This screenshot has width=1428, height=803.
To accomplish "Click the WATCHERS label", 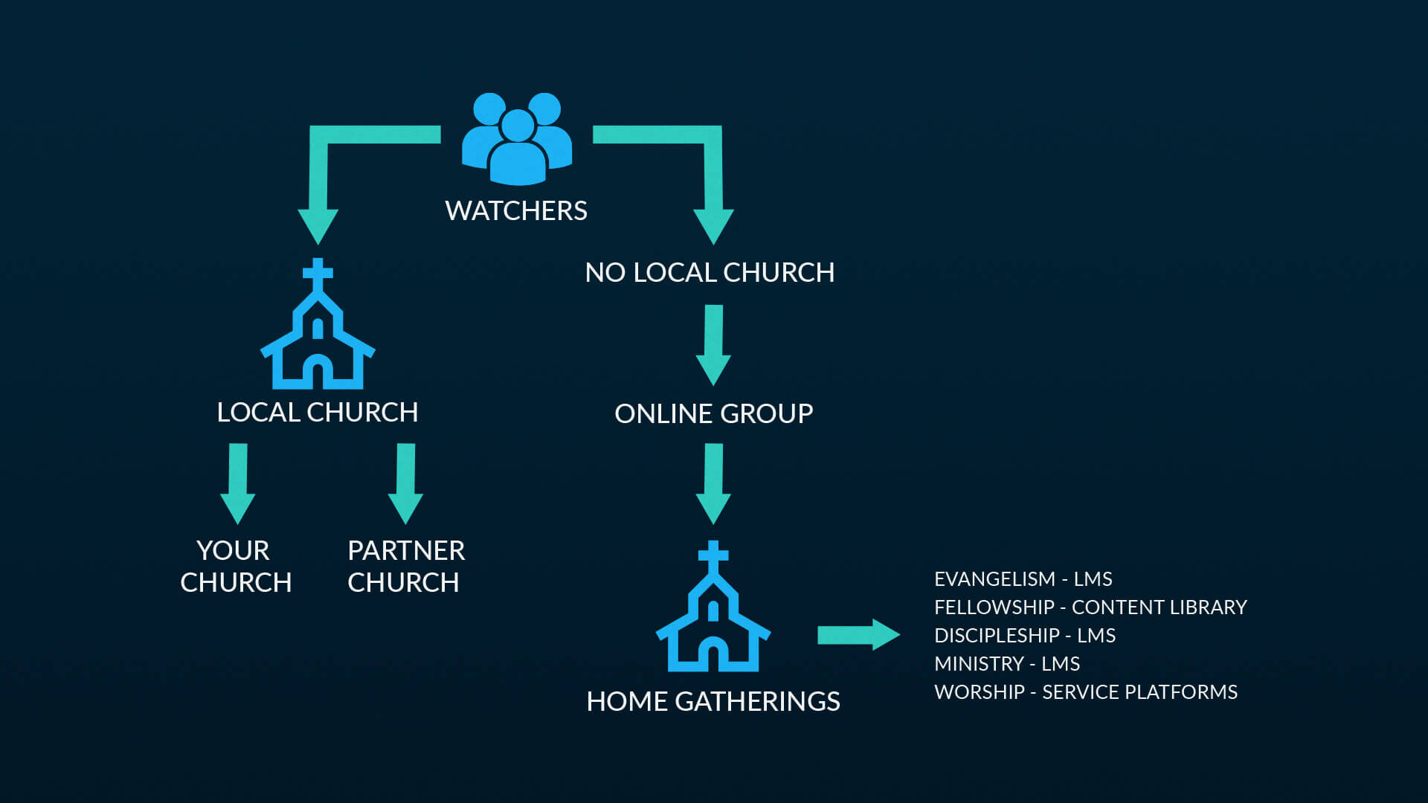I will (516, 211).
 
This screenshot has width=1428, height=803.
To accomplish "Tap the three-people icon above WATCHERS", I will (517, 140).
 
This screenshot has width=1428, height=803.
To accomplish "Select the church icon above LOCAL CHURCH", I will (318, 335).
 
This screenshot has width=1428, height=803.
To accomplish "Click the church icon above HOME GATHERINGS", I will (713, 617).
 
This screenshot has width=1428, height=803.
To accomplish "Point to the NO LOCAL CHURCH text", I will (710, 273).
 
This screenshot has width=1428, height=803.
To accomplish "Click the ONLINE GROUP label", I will (713, 413).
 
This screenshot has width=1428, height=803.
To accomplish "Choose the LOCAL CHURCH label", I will (318, 413).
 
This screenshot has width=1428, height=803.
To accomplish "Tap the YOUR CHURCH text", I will (235, 567).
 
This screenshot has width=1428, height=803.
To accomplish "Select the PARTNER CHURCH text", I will (405, 567).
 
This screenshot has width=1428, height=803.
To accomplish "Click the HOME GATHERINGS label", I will (713, 701).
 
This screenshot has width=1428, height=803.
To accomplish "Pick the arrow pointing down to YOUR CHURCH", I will (238, 483).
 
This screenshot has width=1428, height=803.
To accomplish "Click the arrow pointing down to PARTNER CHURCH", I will (405, 483).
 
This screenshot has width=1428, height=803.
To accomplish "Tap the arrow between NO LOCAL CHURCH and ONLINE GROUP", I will (713, 344).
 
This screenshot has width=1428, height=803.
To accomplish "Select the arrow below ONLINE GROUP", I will (713, 483).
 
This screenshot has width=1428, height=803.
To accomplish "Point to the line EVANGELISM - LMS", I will (1023, 579).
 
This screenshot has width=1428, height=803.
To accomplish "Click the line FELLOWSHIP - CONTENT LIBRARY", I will (1090, 607).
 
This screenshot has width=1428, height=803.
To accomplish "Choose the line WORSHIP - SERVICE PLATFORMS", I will (1086, 692).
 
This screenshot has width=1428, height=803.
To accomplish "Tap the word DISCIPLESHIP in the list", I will (997, 636).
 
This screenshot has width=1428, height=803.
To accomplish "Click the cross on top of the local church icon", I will (318, 272).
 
